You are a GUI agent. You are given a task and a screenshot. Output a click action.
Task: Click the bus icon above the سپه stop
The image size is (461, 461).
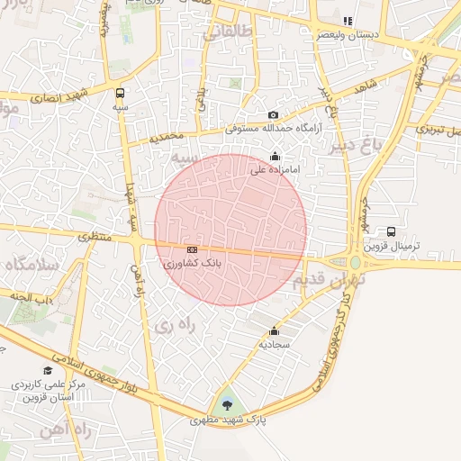pyautogui.click(x=121, y=92)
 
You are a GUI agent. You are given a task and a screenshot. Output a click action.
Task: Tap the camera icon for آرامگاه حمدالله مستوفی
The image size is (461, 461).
pyautogui.click(x=273, y=114)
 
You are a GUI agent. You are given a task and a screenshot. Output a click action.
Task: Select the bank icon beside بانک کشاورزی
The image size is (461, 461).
pyautogui.click(x=192, y=249)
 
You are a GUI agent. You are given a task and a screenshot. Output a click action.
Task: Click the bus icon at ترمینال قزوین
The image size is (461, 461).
pyautogui.click(x=390, y=231)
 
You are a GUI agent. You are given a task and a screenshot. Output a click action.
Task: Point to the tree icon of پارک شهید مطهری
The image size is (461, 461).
pyautogui.click(x=226, y=404)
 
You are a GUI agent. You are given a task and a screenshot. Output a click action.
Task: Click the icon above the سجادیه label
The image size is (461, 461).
pyautogui.click(x=275, y=330)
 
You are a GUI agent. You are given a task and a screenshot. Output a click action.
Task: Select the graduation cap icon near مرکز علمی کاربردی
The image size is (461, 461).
pyautogui.click(x=47, y=370)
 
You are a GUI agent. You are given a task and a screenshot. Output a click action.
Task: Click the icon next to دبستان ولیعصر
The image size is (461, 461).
pyautogui.click(x=348, y=21)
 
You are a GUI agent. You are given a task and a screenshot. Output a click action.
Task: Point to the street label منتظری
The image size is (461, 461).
pyautogui.click(x=95, y=236)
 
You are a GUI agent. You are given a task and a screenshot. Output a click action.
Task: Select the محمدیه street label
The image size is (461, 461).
pyautogui.click(x=167, y=138)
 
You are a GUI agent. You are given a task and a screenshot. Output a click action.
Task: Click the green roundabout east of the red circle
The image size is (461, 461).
pyautogui.click(x=357, y=263)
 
